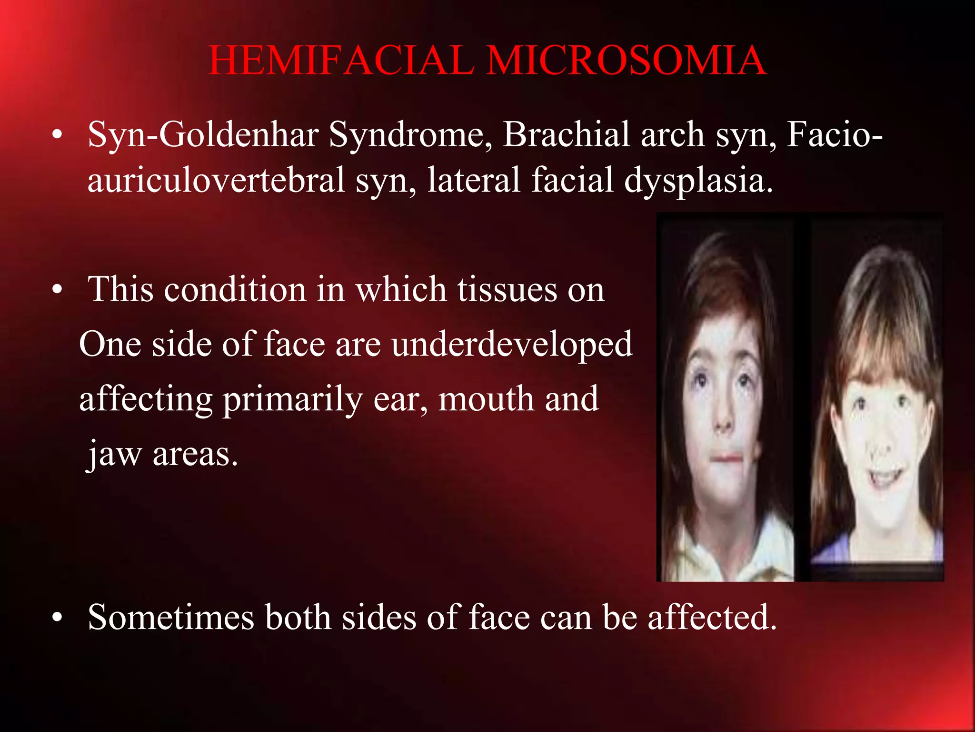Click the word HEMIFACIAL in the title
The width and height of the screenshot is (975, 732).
click(x=341, y=61)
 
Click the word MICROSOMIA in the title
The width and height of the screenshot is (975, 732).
click(x=626, y=61)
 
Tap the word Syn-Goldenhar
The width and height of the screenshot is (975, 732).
click(x=202, y=135)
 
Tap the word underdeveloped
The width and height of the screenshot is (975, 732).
click(x=512, y=344)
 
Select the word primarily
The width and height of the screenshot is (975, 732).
click(x=292, y=400)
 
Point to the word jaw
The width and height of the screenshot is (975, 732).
click(x=114, y=454)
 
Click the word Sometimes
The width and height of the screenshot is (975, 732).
click(x=171, y=618)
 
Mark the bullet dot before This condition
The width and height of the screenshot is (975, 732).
click(x=58, y=290)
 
